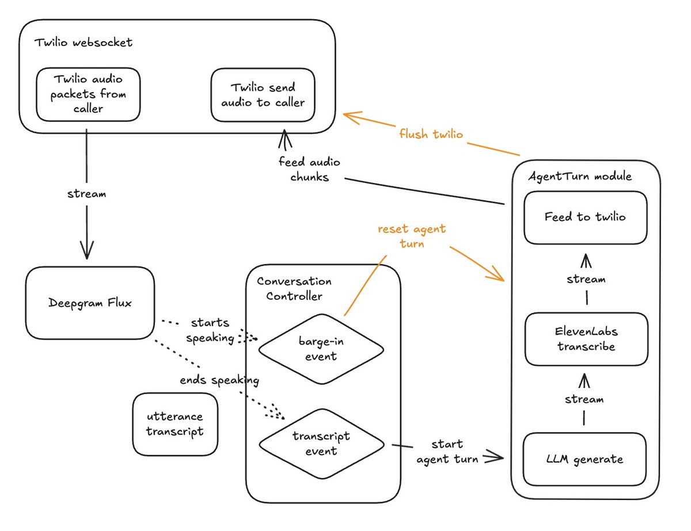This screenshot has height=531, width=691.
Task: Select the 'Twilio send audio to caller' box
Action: click(263, 95)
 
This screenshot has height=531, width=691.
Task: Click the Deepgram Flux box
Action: click(90, 303)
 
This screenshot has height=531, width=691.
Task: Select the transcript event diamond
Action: click(321, 443)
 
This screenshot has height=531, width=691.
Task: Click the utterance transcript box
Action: click(175, 424)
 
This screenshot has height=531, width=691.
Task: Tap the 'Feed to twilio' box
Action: click(584, 217)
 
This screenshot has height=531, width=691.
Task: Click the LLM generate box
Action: click(584, 460)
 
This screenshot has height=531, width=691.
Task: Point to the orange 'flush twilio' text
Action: click(431, 134)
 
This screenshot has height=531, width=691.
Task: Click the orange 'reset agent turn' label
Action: click(411, 236)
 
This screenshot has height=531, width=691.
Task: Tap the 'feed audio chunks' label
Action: click(309, 170)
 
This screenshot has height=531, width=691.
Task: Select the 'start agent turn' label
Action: click(447, 452)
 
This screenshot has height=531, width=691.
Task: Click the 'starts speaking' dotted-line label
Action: click(210, 330)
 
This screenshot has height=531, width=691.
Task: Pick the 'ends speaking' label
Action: click(219, 380)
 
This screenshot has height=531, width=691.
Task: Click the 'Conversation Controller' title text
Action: click(294, 289)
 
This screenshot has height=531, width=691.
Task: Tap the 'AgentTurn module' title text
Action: click(580, 176)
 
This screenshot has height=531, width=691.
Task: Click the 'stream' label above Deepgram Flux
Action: click(86, 194)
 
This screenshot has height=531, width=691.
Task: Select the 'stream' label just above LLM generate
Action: click(584, 399)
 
